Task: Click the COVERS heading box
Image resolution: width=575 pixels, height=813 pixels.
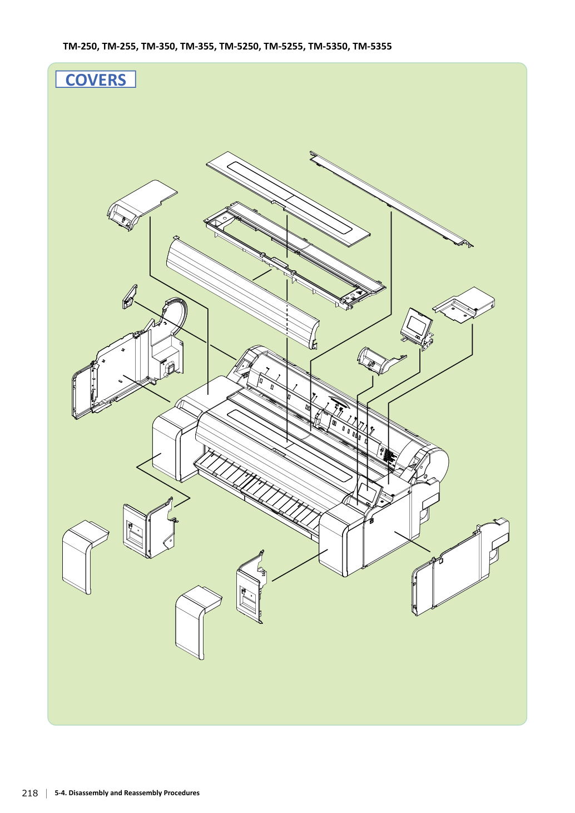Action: point(96,80)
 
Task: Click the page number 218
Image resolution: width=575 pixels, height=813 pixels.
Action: point(30,793)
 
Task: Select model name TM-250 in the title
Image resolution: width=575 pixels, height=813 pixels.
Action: point(80,47)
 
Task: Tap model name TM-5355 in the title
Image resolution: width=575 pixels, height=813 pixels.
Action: point(372,47)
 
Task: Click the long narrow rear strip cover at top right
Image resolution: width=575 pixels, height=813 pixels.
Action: point(391,199)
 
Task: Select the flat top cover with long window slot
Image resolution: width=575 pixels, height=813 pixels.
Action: point(288,199)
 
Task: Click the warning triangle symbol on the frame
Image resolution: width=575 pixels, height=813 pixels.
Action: point(359,291)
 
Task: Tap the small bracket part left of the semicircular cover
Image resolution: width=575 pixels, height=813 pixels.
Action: point(130,296)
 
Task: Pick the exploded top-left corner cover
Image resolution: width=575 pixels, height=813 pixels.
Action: point(142,205)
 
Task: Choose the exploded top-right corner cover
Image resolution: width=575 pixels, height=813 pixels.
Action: point(464,305)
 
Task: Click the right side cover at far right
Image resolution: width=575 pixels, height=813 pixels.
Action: point(460,566)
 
